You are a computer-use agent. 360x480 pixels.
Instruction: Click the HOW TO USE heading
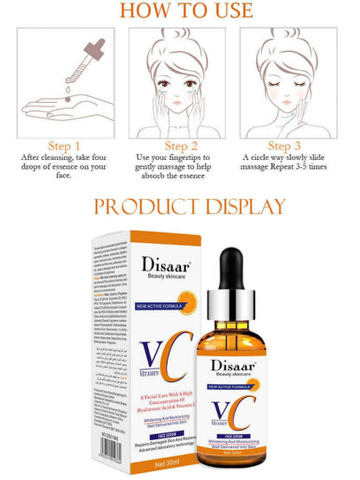tap(179, 10)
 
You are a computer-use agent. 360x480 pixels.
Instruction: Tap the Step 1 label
tap(65, 145)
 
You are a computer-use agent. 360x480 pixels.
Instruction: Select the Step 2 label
tap(181, 145)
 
